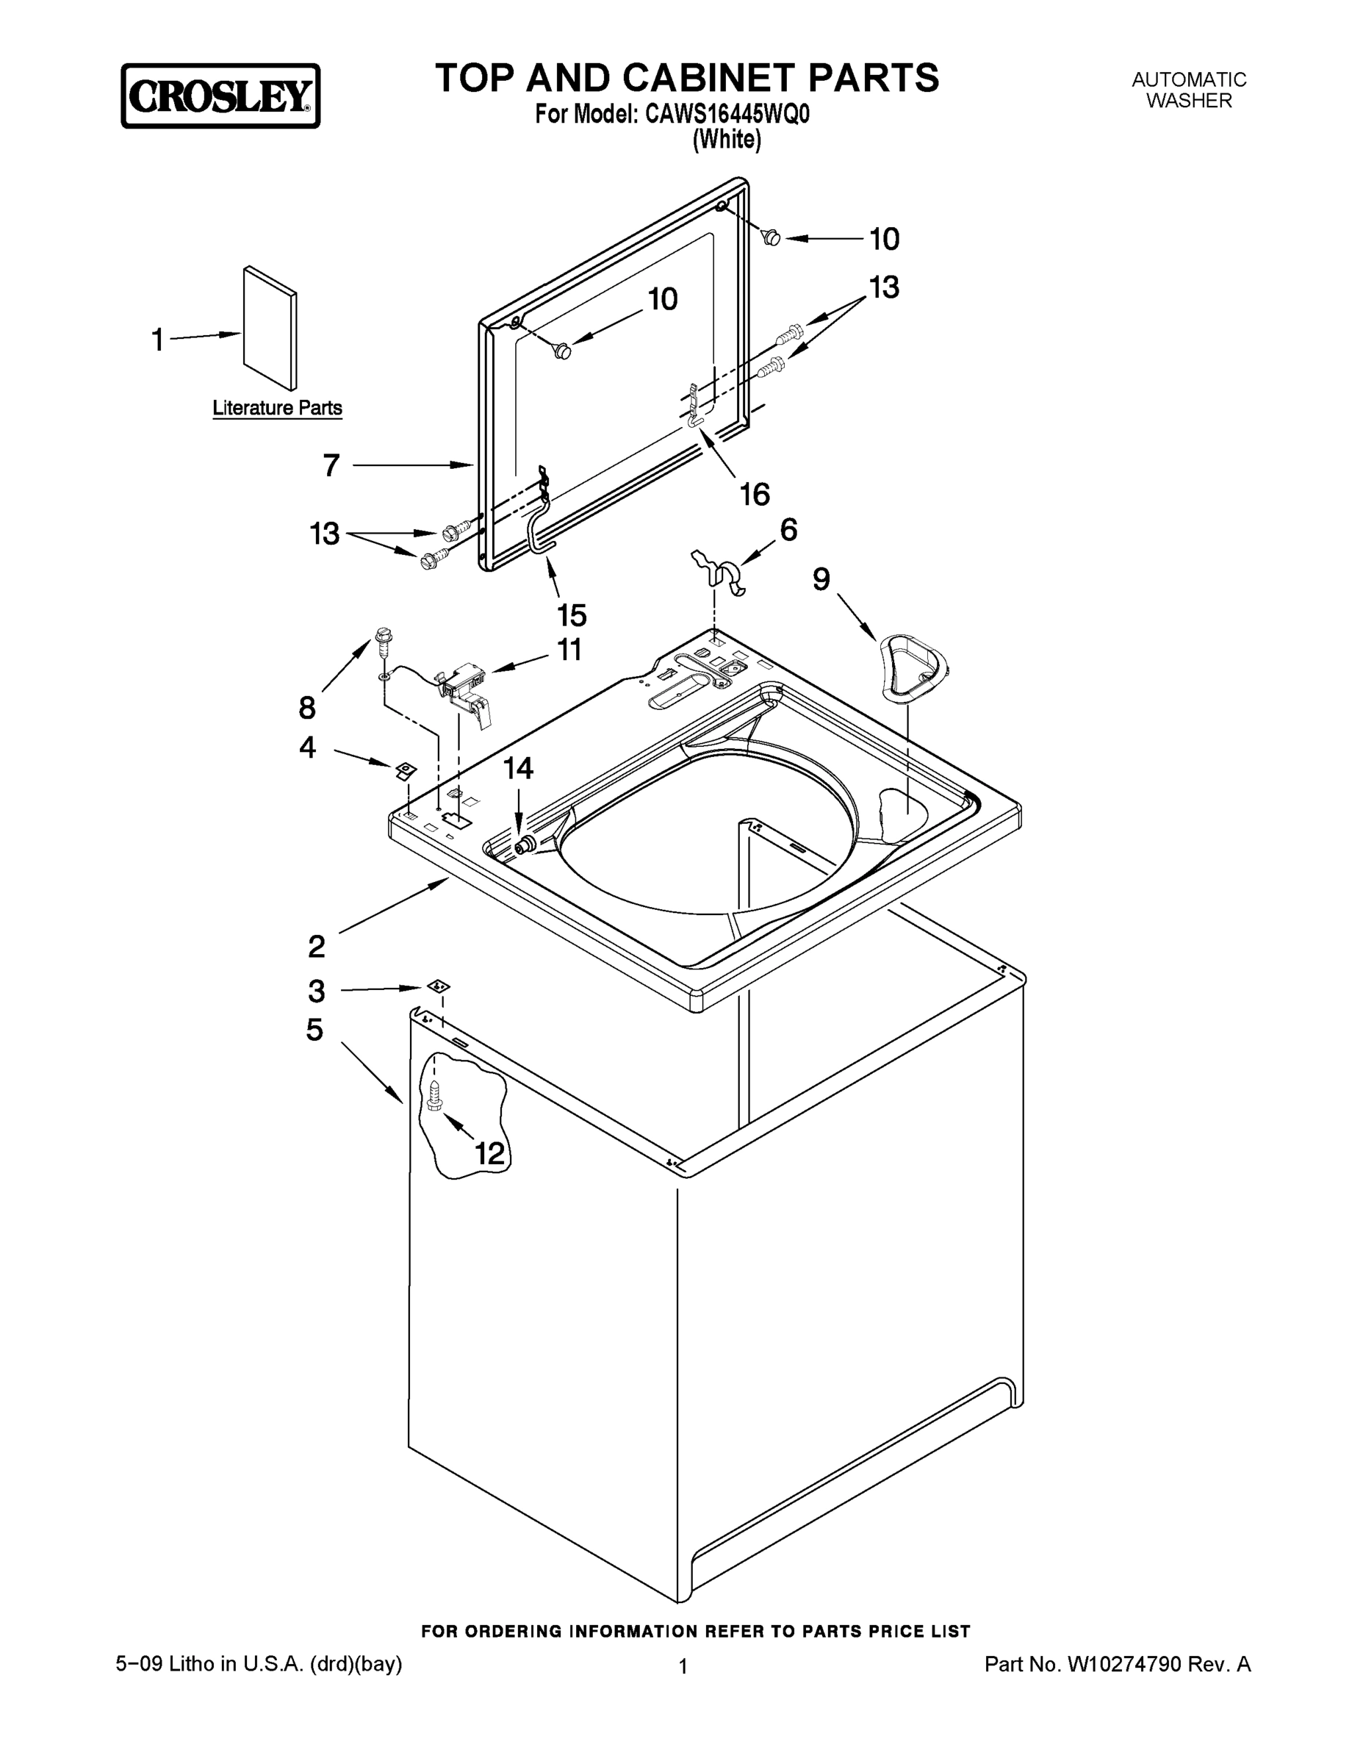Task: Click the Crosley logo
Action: pyautogui.click(x=220, y=96)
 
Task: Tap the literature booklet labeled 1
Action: pyautogui.click(x=270, y=328)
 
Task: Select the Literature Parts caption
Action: pyautogui.click(x=277, y=408)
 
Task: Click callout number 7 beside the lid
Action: pyautogui.click(x=331, y=466)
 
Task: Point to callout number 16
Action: pyautogui.click(x=755, y=495)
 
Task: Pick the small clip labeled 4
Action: pyautogui.click(x=405, y=770)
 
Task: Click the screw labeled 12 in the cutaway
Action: pyautogui.click(x=435, y=1097)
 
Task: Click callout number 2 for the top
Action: pyautogui.click(x=317, y=946)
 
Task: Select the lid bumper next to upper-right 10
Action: pyautogui.click(x=771, y=237)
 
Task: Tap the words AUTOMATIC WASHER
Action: pyautogui.click(x=1189, y=90)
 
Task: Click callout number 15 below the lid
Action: pyautogui.click(x=572, y=615)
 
